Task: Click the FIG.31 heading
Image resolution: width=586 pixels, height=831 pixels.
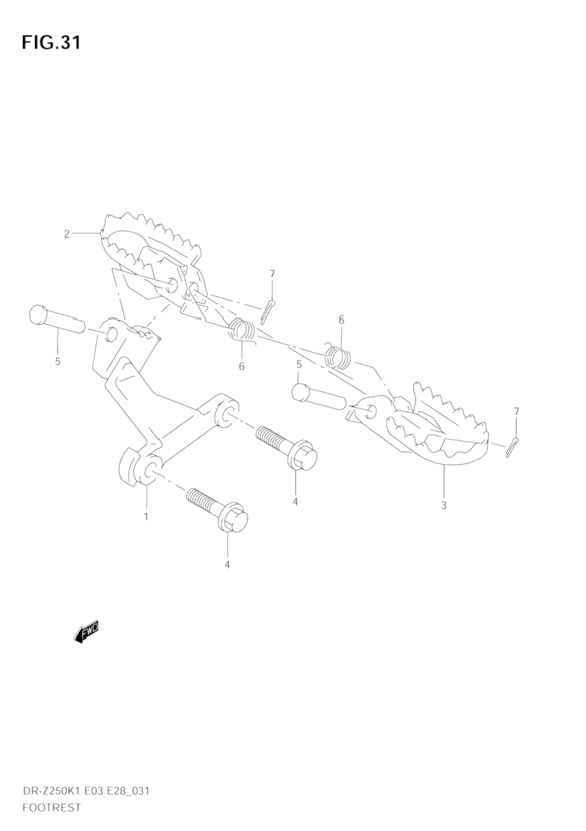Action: click(51, 43)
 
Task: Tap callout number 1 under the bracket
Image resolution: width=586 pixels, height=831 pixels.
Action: click(146, 516)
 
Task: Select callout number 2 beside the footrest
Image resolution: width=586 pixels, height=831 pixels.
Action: click(66, 234)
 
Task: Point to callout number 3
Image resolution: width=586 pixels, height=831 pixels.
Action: click(444, 505)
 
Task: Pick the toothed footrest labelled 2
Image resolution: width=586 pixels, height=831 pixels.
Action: click(152, 248)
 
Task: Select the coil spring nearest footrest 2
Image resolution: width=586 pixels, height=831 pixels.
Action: click(243, 330)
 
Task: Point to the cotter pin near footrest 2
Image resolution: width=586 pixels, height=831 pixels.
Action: click(267, 311)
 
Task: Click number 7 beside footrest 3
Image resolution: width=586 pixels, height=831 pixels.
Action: click(517, 411)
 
